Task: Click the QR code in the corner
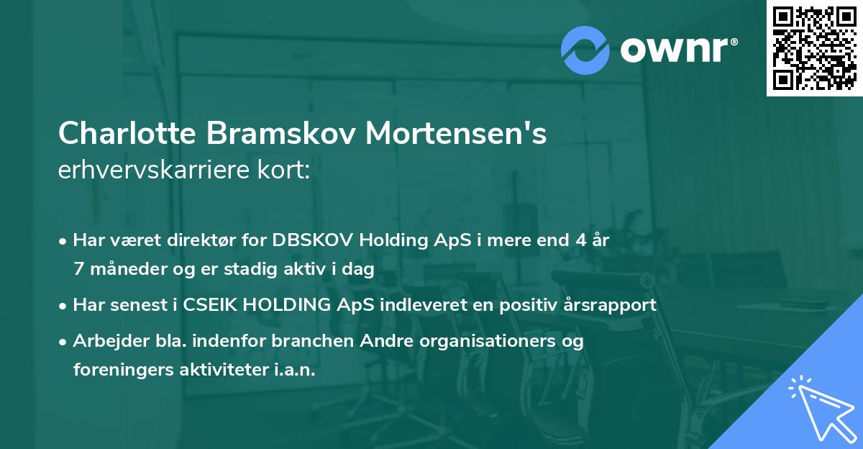[814, 47]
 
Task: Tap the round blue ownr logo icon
[585, 50]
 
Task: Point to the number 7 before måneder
[78, 269]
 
